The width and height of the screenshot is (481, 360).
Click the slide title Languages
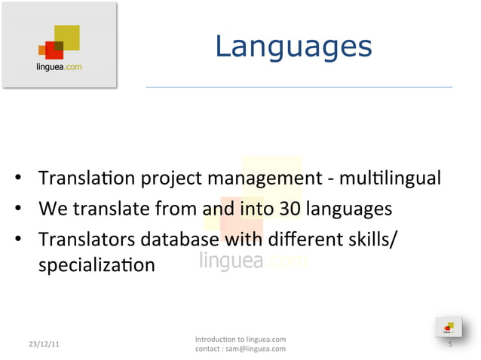coord(293,47)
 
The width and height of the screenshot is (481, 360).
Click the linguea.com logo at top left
coord(60,46)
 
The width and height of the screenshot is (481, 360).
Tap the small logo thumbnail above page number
coord(448,327)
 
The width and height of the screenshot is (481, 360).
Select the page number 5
coord(449,344)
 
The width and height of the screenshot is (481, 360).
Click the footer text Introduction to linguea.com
coord(240,339)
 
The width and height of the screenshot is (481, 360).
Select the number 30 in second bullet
coord(290,208)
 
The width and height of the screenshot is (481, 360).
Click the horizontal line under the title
coord(299,87)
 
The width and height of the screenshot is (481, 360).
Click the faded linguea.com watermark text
coord(253,261)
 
